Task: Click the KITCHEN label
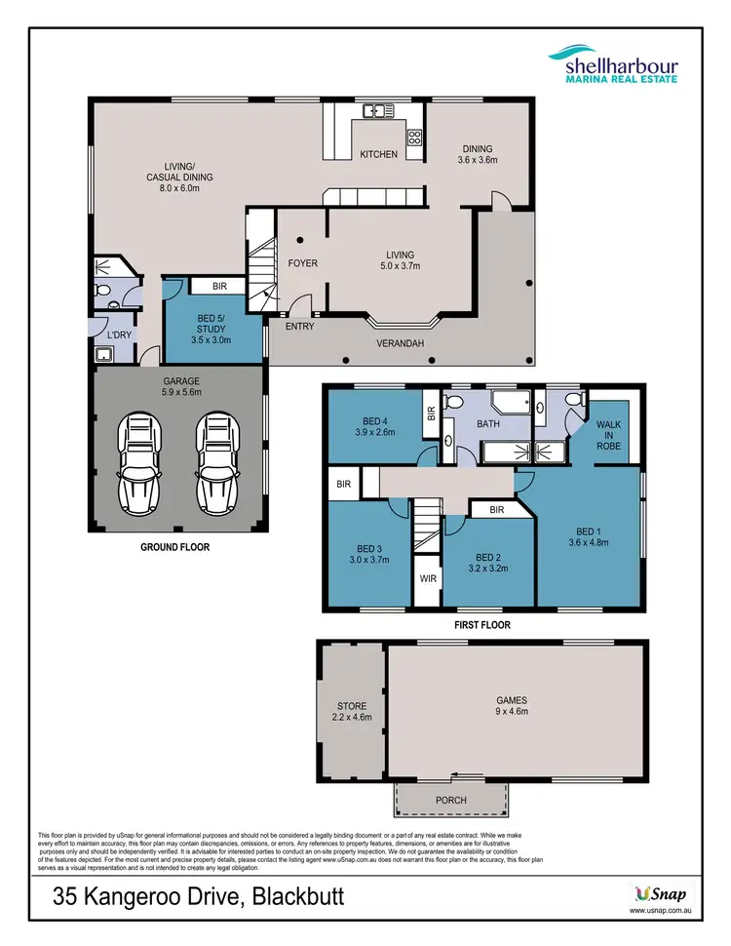(x=378, y=154)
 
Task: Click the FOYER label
(x=302, y=263)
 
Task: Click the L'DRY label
(x=119, y=335)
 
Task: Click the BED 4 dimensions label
(x=374, y=430)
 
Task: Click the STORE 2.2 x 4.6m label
(x=352, y=711)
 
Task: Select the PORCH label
(x=451, y=800)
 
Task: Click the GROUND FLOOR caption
(x=176, y=547)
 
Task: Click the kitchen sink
(x=375, y=111)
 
